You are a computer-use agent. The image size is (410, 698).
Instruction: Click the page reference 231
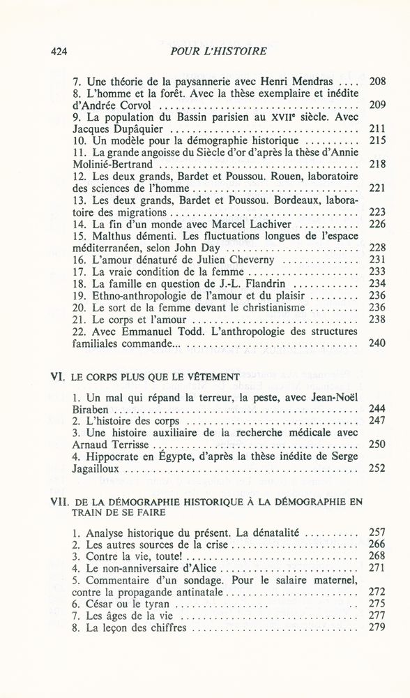[377, 260]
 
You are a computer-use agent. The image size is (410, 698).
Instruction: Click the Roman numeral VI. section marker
[58, 378]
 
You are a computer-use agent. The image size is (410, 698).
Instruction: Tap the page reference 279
[377, 628]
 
